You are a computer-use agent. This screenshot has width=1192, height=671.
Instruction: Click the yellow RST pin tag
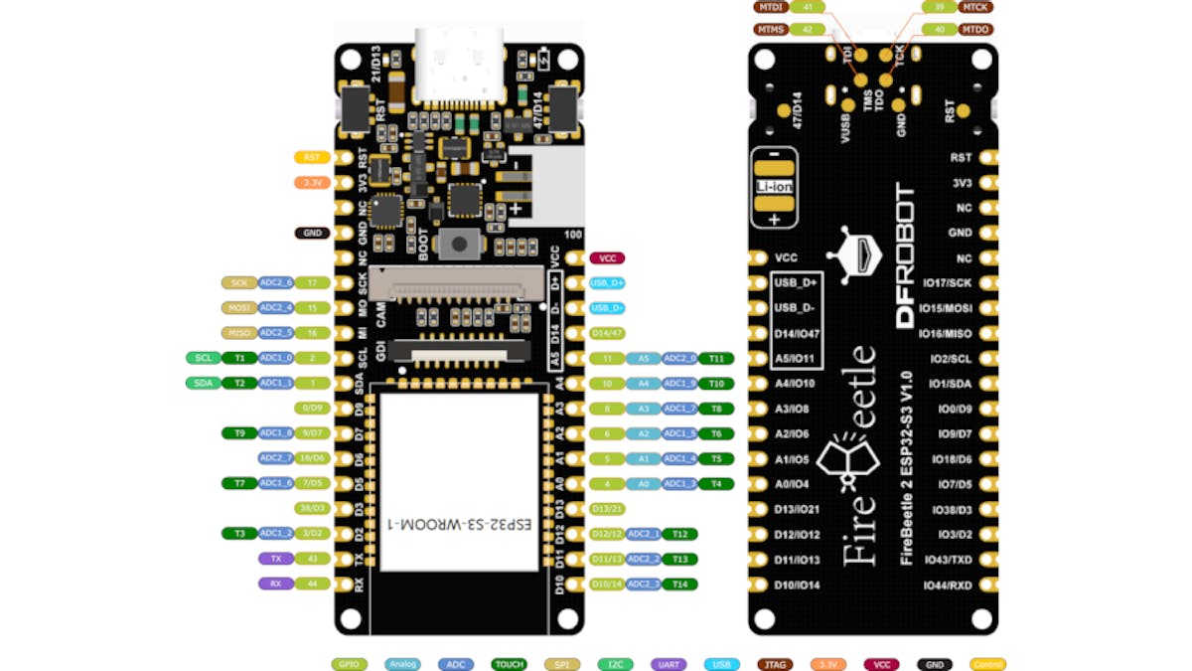click(x=312, y=157)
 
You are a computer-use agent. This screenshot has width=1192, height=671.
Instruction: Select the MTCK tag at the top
click(x=973, y=7)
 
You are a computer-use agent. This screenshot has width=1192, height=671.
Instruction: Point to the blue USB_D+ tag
click(x=606, y=283)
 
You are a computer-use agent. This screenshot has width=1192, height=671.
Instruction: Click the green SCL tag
click(x=203, y=358)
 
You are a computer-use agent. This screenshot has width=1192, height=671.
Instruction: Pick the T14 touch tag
click(x=679, y=585)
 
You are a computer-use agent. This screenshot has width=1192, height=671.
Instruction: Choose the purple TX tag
click(x=275, y=559)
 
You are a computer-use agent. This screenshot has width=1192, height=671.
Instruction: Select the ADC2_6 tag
click(x=275, y=282)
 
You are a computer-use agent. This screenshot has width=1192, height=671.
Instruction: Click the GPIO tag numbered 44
click(x=312, y=585)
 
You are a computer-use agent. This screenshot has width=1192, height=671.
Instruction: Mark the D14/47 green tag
click(x=606, y=333)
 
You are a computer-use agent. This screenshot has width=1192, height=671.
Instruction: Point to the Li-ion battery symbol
click(x=773, y=187)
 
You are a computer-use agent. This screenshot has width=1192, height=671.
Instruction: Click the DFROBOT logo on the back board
click(x=905, y=255)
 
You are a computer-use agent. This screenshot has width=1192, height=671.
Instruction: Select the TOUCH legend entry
click(x=510, y=664)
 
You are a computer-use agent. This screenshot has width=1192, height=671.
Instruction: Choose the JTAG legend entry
click(x=776, y=664)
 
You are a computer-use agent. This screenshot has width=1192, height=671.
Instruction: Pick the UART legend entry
click(x=669, y=664)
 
